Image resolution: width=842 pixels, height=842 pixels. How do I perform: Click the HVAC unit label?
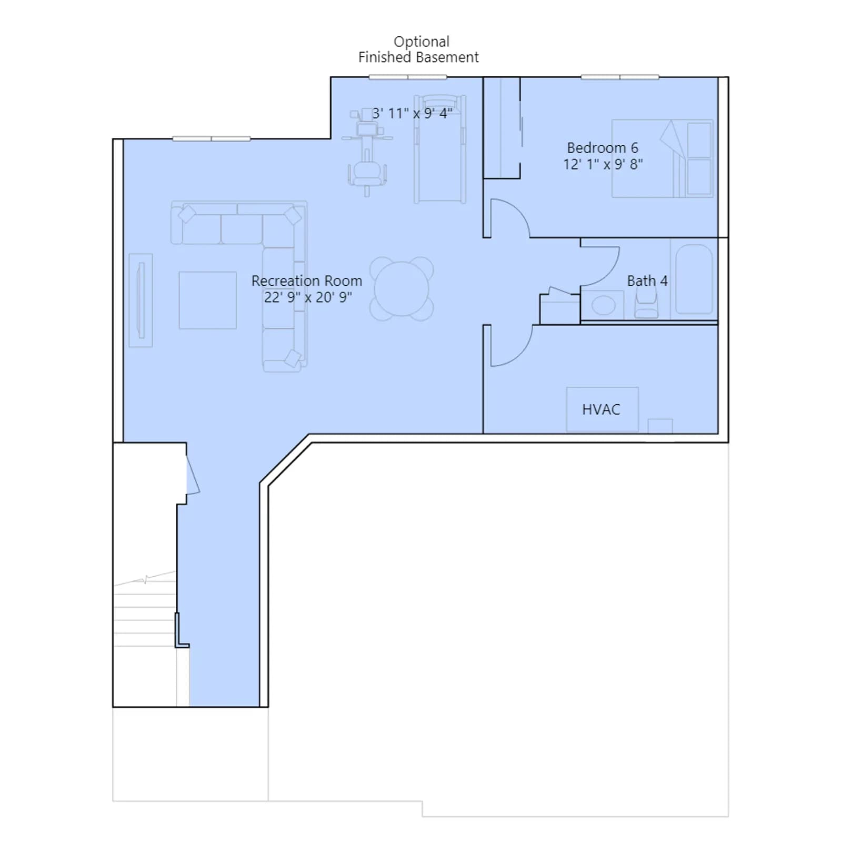pyautogui.click(x=601, y=409)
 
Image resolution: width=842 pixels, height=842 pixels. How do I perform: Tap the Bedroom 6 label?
pyautogui.click(x=603, y=148)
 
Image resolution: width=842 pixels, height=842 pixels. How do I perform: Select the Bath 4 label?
pyautogui.click(x=647, y=281)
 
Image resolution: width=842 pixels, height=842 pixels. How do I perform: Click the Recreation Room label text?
pyautogui.click(x=307, y=281)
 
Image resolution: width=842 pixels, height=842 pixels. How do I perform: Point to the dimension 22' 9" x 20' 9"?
pyautogui.click(x=308, y=297)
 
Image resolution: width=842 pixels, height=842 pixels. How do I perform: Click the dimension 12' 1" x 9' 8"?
pyautogui.click(x=603, y=164)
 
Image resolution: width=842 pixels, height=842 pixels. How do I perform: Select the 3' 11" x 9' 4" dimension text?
pyautogui.click(x=412, y=113)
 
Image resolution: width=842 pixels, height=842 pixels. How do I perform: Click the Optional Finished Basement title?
pyautogui.click(x=419, y=49)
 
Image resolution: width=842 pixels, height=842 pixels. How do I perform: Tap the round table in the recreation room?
pyautogui.click(x=402, y=288)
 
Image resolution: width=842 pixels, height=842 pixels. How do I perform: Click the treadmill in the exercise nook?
pyautogui.click(x=440, y=149)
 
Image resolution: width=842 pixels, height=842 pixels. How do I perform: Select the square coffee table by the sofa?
pyautogui.click(x=207, y=300)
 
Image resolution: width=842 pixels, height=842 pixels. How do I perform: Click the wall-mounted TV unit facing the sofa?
pyautogui.click(x=141, y=300)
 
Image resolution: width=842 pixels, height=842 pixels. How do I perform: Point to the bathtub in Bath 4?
pyautogui.click(x=694, y=279)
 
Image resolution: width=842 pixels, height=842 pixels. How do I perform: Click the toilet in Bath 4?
pyautogui.click(x=646, y=304)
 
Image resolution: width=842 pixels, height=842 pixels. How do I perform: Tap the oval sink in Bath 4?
pyautogui.click(x=603, y=305)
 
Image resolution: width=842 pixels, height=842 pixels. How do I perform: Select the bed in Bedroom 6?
pyautogui.click(x=662, y=158)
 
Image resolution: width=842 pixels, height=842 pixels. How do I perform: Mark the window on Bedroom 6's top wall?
pyautogui.click(x=620, y=77)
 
